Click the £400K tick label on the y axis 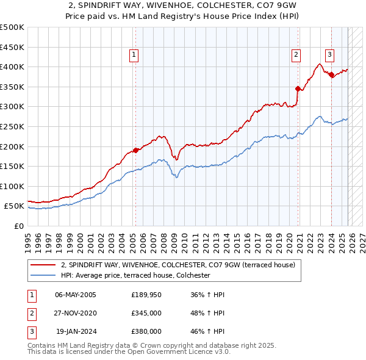pos(12,67)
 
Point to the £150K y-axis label pos(12,166)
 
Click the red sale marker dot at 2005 pos(135,150)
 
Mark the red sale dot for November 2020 pos(298,88)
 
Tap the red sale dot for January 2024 pos(331,74)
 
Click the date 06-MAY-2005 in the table pos(76,295)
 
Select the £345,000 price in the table pos(146,313)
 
